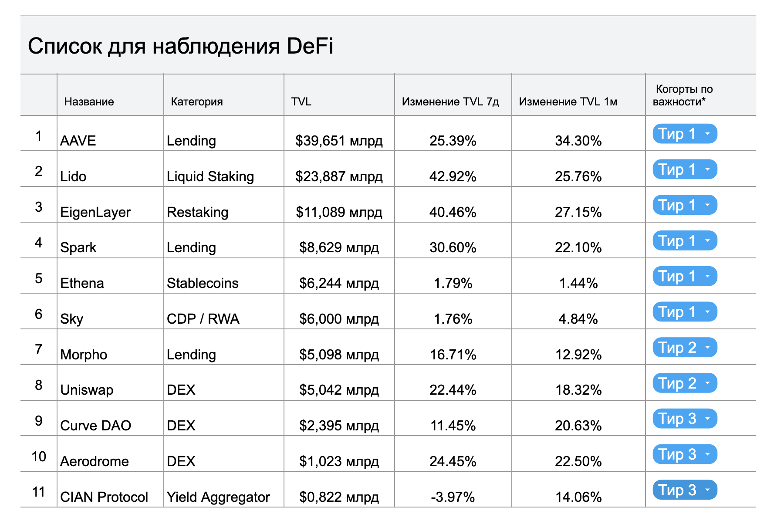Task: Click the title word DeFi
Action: [310, 46]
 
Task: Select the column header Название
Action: [89, 101]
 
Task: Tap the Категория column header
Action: [197, 101]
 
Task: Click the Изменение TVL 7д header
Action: [450, 101]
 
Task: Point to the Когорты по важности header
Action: [683, 95]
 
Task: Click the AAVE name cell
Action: [78, 141]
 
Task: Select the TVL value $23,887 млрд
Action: [339, 176]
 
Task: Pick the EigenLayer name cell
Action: [95, 212]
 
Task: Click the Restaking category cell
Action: [197, 212]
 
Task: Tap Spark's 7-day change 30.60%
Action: [453, 247]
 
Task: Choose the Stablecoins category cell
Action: [203, 283]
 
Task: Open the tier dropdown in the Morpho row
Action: [685, 348]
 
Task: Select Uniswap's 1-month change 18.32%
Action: [578, 390]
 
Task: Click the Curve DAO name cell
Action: [95, 426]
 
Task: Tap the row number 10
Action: [39, 457]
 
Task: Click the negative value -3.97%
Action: [453, 497]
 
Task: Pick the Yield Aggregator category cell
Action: [218, 497]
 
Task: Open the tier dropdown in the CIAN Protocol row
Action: [685, 490]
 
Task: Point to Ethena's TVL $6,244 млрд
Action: [339, 283]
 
